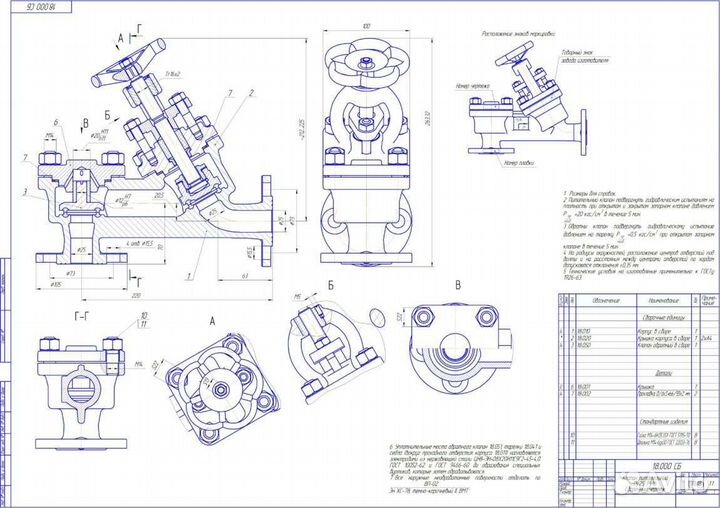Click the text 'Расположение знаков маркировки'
pos(518,32)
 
